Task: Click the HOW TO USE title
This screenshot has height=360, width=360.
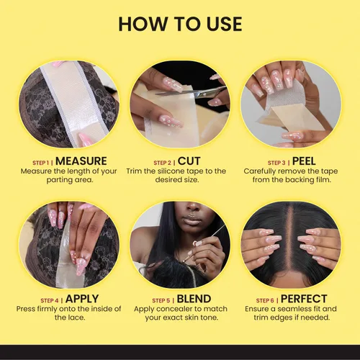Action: [x=180, y=24]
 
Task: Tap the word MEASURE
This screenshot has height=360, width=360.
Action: [x=81, y=161]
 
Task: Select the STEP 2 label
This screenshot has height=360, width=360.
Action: [x=163, y=163]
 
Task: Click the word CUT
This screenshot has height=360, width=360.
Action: [x=189, y=161]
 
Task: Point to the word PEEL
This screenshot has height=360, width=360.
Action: [x=304, y=161]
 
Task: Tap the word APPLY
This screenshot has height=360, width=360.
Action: [x=82, y=299]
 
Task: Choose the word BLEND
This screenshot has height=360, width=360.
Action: [x=194, y=299]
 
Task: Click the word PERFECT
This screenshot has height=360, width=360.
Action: [x=304, y=299]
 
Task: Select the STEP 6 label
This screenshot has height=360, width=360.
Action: [x=265, y=300]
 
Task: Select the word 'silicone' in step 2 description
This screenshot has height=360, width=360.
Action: [x=170, y=171]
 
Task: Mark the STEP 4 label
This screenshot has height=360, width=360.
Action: [x=50, y=300]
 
